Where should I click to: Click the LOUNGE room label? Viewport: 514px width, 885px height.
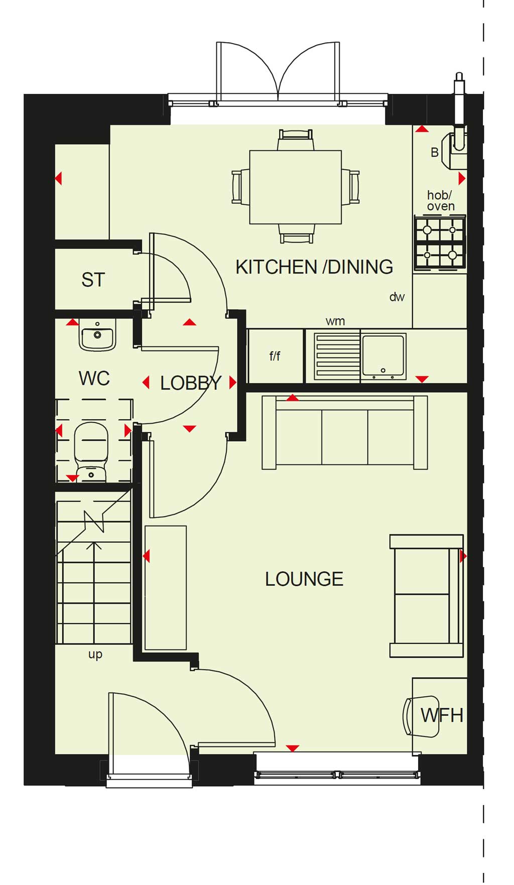tap(304, 579)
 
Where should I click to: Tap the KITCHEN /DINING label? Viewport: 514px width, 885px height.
tap(314, 267)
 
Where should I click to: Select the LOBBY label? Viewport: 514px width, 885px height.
tap(191, 384)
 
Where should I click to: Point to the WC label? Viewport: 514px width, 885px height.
tap(94, 378)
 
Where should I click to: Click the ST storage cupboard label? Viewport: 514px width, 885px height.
tap(93, 280)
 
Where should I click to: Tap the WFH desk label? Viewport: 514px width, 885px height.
tap(442, 715)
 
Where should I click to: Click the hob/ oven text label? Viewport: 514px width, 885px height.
tap(441, 200)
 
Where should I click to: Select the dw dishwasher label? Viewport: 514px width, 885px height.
tap(397, 297)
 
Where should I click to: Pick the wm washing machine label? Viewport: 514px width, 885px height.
tap(335, 321)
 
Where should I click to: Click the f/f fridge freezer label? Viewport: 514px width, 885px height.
tap(275, 356)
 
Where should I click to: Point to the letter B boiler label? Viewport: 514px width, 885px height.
tap(435, 153)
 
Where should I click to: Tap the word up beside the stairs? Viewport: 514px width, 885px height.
tap(95, 655)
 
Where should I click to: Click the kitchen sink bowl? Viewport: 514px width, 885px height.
tap(383, 356)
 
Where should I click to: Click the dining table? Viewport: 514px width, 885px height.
tap(296, 187)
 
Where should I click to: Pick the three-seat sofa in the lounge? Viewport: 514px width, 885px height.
tap(345, 432)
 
